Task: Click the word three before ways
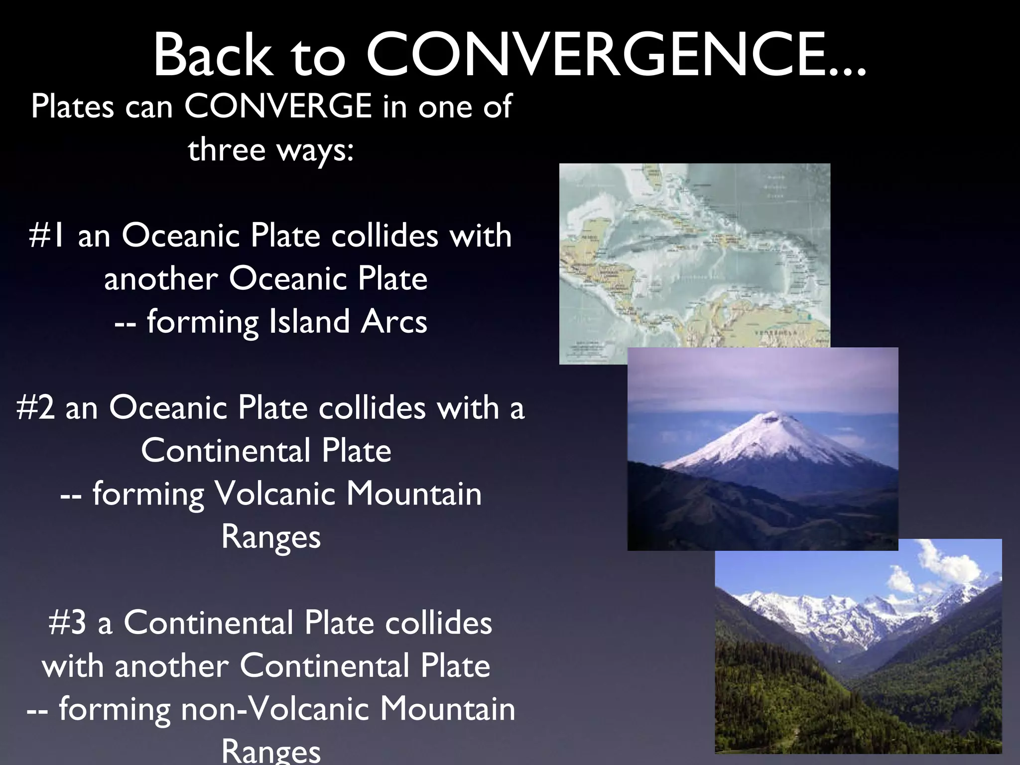(227, 149)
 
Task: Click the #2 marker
(35, 408)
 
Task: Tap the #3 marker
(68, 623)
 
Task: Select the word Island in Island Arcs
(309, 322)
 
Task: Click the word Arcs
(394, 322)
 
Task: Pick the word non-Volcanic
(274, 709)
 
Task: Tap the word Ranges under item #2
(271, 537)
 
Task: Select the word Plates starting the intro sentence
(73, 106)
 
